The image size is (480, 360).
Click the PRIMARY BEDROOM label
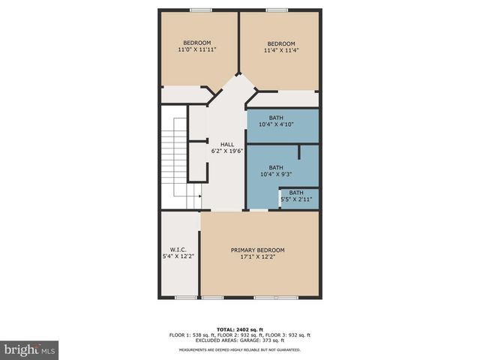257,250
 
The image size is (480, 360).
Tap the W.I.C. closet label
178,250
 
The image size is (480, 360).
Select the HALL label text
226,144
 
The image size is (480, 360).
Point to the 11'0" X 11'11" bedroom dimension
197,49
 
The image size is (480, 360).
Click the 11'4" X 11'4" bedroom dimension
281,50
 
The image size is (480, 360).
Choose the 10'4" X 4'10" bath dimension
276,124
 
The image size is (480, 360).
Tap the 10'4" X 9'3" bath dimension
276,174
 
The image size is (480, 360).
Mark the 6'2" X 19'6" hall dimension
226,151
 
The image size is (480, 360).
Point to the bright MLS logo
29,349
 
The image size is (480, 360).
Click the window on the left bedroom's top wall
200,10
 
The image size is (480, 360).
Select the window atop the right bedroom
277,10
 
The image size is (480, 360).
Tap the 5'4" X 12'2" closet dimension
178,256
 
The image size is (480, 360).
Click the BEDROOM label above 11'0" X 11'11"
197,42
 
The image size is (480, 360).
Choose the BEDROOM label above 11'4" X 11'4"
281,43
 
